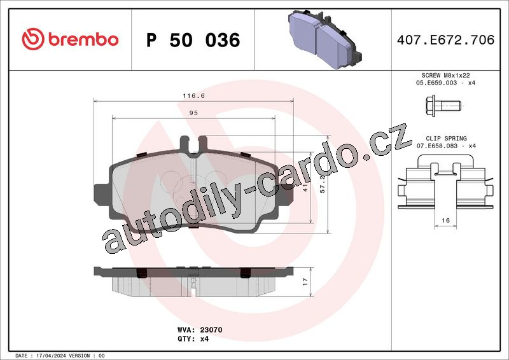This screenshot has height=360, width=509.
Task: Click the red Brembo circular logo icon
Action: click(33, 39)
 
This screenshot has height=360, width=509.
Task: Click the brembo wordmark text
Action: click(83, 39)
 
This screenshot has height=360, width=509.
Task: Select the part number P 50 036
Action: click(193, 40)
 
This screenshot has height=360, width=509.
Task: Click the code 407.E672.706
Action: click(446, 39)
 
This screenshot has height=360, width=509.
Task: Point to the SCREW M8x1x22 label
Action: click(445, 75)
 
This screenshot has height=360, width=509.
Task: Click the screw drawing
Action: click(443, 106)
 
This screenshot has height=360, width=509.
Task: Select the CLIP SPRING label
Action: click(446, 138)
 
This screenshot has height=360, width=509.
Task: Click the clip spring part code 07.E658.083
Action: click(436, 146)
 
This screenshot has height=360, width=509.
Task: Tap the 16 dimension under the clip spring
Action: click(446, 221)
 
